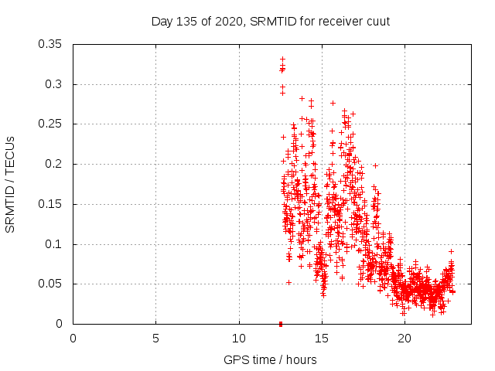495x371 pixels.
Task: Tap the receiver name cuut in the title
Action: pyautogui.click(x=377, y=21)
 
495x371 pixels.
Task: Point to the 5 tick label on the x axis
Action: pyautogui.click(x=155, y=338)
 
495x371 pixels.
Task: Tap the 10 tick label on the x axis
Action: pyautogui.click(x=239, y=338)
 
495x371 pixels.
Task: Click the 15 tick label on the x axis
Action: pyautogui.click(x=322, y=338)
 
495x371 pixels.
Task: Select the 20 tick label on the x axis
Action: pyautogui.click(x=405, y=338)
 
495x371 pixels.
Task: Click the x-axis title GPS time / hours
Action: pyautogui.click(x=270, y=359)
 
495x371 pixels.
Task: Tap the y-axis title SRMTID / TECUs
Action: pyautogui.click(x=11, y=184)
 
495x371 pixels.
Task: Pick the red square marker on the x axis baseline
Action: pyautogui.click(x=280, y=324)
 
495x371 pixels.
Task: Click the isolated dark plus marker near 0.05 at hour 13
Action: pyautogui.click(x=288, y=282)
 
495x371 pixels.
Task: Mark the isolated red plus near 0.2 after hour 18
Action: pyautogui.click(x=375, y=165)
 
